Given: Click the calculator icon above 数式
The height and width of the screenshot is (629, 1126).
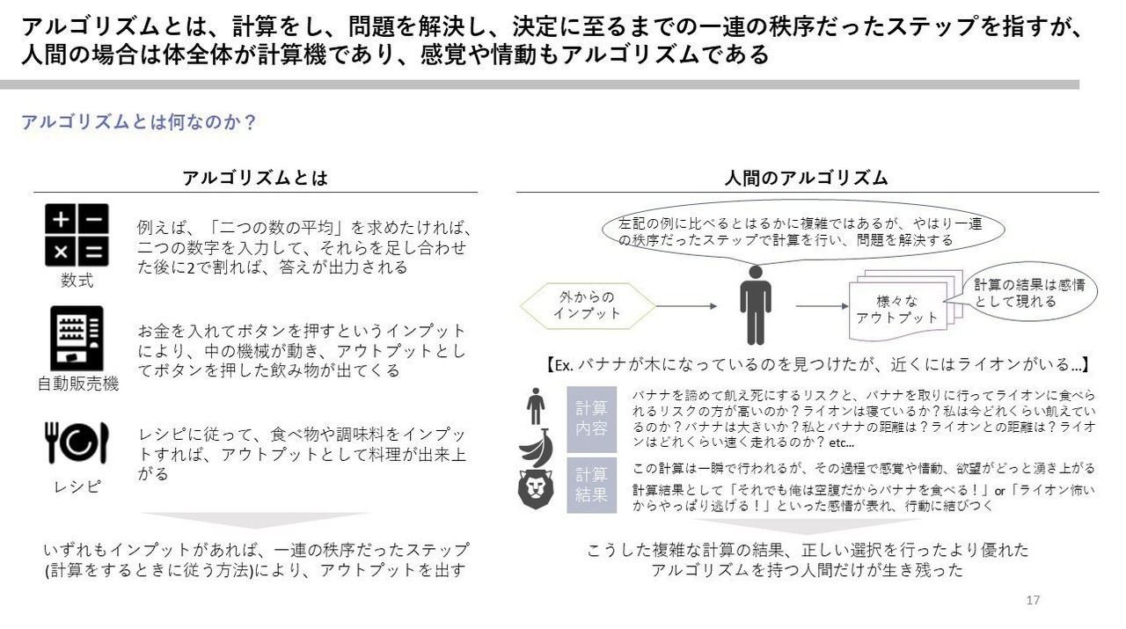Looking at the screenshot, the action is click(77, 235).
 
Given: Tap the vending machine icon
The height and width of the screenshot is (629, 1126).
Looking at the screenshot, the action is click(77, 338).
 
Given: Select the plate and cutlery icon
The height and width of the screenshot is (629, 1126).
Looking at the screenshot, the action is click(77, 442).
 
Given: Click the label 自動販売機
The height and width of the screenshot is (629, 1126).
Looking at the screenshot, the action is click(78, 384).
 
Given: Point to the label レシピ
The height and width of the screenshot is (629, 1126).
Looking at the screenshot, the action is click(77, 486).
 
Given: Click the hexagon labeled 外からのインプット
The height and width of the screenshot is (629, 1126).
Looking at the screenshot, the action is click(587, 305).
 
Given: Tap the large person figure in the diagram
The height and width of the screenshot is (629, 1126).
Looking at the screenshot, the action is click(755, 304).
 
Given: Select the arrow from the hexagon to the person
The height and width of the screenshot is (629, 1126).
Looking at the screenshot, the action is click(686, 305).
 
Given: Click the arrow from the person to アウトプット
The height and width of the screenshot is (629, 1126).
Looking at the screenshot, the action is click(822, 305).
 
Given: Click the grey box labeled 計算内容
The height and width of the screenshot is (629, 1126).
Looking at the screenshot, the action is click(592, 420).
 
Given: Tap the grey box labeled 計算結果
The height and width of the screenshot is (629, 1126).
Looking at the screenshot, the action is click(592, 486).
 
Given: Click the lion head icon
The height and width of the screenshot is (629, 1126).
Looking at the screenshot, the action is click(536, 489).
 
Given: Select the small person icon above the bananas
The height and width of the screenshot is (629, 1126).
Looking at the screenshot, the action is click(536, 406).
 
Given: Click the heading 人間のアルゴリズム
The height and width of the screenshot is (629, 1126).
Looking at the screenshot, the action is click(807, 178).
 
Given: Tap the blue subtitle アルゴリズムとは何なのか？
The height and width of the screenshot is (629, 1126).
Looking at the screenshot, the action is click(139, 122).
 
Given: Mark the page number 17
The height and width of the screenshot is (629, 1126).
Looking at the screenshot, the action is click(1033, 600).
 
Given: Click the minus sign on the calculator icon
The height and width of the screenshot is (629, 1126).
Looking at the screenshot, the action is click(93, 219).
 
